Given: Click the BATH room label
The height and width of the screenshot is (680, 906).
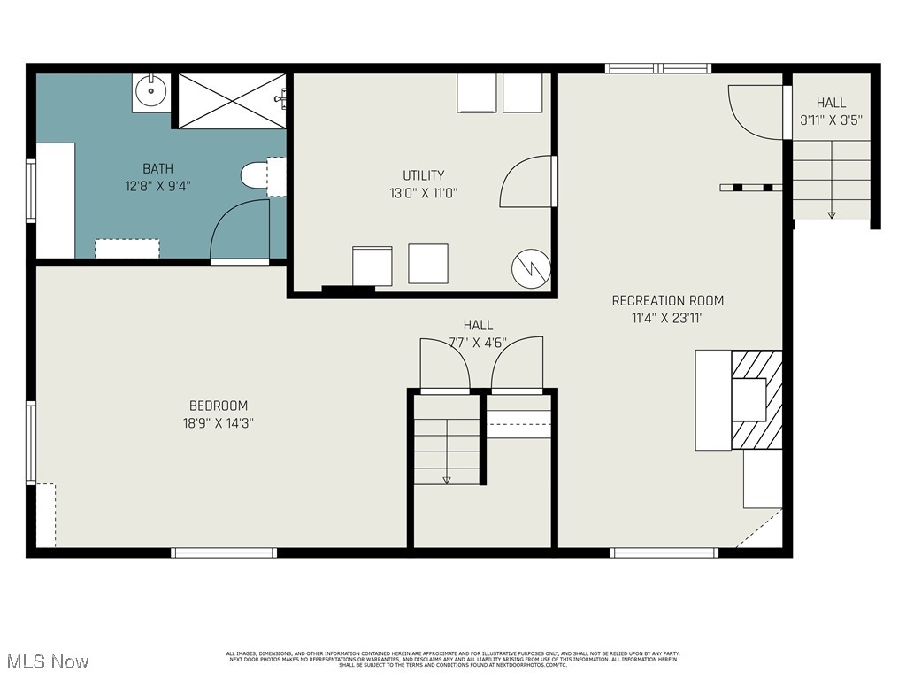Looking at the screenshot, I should tap(158, 168).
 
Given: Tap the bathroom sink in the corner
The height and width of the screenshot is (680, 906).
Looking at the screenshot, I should tap(150, 90).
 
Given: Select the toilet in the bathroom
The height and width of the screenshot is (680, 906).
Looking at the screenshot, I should tap(256, 175).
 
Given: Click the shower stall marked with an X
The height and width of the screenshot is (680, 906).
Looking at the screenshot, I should tap(231, 101).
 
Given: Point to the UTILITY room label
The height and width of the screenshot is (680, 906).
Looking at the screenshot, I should tap(423, 175).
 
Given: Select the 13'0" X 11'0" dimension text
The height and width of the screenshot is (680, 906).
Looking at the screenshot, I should tap(423, 192).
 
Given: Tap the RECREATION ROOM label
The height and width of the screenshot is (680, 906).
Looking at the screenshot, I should tap(667, 300).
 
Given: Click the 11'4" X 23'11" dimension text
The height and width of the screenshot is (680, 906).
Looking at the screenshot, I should tap(667, 318).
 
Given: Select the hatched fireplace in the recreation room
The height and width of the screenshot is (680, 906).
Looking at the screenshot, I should tap(757, 399).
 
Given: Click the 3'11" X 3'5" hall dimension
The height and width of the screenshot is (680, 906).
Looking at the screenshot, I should tap(831, 120).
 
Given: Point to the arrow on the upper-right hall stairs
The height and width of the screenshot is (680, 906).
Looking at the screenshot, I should tap(831, 213).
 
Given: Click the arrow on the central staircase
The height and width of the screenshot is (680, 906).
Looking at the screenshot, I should tap(447, 479).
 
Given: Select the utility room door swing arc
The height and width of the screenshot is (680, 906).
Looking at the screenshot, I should tap(526, 182).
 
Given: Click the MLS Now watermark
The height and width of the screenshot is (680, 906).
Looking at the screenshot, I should tap(47, 661).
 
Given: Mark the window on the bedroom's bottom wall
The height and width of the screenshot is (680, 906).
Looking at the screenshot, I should tap(224, 553).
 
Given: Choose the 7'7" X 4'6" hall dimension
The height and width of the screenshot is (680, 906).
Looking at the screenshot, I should tap(478, 342).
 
